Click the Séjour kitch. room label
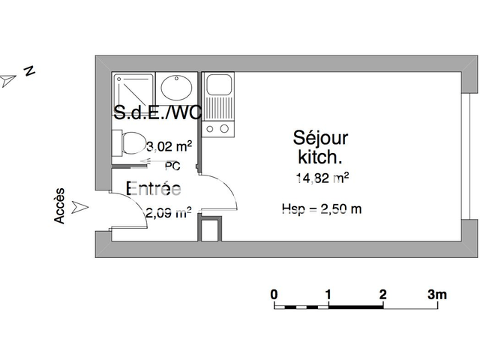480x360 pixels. (321, 147)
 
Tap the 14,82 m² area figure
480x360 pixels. (322, 178)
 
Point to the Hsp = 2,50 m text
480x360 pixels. (321, 208)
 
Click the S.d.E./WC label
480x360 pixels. (157, 112)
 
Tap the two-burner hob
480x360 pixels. (220, 129)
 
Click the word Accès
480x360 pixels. (60, 205)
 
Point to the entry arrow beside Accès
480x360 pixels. (82, 205)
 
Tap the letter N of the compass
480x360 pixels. (30, 71)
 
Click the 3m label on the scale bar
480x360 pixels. (436, 294)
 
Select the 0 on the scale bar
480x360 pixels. (274, 294)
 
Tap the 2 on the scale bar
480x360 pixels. (382, 294)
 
